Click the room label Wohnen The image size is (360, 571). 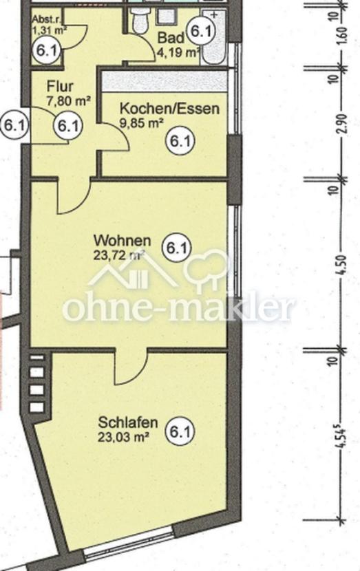122,241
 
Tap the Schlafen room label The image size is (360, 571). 128,423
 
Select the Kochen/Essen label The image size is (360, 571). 169,109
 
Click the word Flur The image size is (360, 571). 60,86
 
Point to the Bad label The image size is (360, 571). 171,38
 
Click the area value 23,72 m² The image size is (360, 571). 120,255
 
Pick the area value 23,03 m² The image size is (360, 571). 123,437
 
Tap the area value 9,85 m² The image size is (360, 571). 141,123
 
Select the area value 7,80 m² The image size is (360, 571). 69,100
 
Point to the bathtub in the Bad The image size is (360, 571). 214,38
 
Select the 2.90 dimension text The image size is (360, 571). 342,125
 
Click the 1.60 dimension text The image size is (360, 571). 342,34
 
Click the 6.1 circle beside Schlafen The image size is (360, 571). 180,432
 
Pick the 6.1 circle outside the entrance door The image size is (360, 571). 14,126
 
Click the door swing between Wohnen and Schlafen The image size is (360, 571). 131,368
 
